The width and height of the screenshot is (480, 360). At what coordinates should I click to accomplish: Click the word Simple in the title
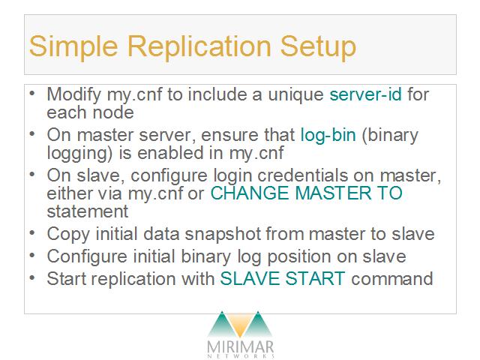tap(73, 46)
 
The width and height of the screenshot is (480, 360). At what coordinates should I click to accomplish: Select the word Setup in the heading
tap(318, 46)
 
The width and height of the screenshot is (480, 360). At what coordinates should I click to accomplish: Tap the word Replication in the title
tap(199, 46)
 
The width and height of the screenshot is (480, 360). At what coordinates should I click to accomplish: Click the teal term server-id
tap(365, 94)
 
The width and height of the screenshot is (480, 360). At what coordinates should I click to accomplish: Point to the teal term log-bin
tap(328, 135)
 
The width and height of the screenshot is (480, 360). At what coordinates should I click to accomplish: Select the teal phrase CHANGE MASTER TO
tap(307, 193)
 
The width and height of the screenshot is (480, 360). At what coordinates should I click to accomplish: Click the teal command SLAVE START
tap(283, 278)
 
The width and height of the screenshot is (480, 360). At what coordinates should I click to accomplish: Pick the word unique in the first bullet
tap(296, 94)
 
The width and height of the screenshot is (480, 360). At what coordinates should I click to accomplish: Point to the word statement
tap(88, 211)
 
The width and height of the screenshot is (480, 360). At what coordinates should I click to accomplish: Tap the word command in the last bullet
tap(392, 278)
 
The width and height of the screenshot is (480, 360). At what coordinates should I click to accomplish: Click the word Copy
tap(68, 235)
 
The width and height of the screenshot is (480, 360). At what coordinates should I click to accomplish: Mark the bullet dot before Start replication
tap(32, 278)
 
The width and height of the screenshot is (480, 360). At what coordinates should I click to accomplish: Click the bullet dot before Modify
tap(32, 93)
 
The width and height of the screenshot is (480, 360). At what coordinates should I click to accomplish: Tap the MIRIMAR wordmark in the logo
tap(240, 347)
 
